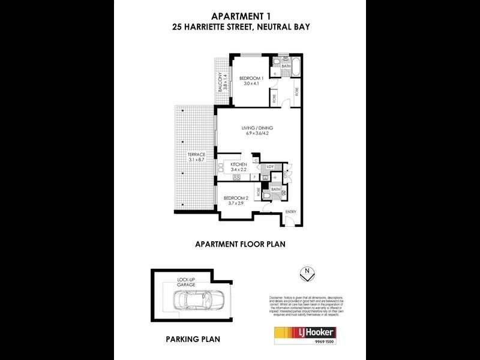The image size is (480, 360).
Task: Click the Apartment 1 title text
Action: point(240,16)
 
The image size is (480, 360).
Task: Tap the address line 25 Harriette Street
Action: point(240,27)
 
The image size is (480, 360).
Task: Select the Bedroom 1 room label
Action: point(251,78)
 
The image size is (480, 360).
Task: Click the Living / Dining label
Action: point(257,128)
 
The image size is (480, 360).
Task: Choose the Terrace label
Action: point(196,154)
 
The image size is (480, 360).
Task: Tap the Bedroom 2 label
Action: point(236,198)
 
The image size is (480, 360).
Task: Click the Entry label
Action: point(290,212)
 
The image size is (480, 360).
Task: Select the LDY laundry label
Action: point(271,167)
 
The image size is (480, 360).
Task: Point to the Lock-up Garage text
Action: point(187,282)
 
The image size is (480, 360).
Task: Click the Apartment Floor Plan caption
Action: point(240,244)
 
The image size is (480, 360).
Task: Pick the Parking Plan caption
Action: point(193,339)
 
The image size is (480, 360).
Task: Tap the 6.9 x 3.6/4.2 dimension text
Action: point(257,134)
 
